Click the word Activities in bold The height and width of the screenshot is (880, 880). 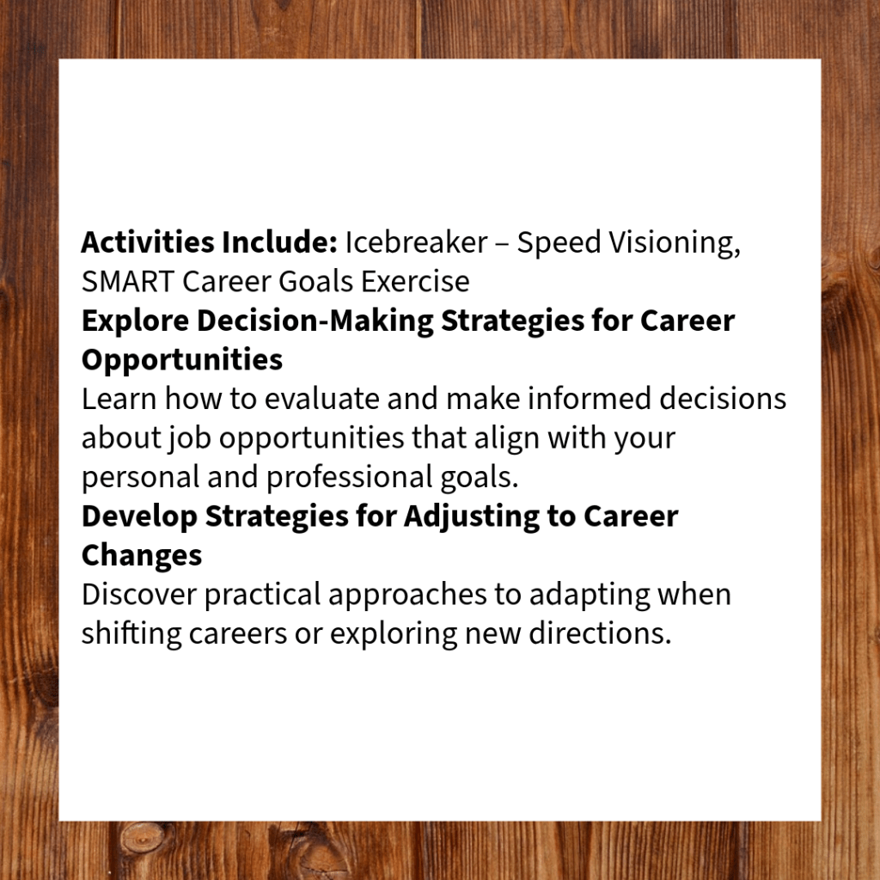click(148, 242)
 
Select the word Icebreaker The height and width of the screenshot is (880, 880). click(416, 242)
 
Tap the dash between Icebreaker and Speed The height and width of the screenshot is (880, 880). click(502, 244)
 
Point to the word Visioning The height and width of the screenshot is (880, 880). click(675, 243)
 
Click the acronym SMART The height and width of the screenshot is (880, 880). click(128, 281)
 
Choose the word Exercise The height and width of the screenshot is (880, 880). click(415, 281)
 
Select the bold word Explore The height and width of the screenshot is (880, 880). click(135, 321)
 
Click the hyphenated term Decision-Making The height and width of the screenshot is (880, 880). click(315, 321)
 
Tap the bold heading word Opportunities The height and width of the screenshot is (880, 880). click(182, 360)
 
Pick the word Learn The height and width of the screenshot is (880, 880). click(119, 399)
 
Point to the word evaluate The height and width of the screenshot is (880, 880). click(322, 399)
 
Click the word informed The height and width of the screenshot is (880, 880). click(590, 399)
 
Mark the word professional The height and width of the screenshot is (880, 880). click(349, 478)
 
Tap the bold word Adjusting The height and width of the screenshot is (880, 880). click(472, 516)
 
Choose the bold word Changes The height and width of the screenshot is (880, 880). click(142, 556)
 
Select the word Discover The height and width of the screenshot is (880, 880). click(139, 595)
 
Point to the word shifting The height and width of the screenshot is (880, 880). click(131, 634)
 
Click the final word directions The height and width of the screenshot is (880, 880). click(600, 633)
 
